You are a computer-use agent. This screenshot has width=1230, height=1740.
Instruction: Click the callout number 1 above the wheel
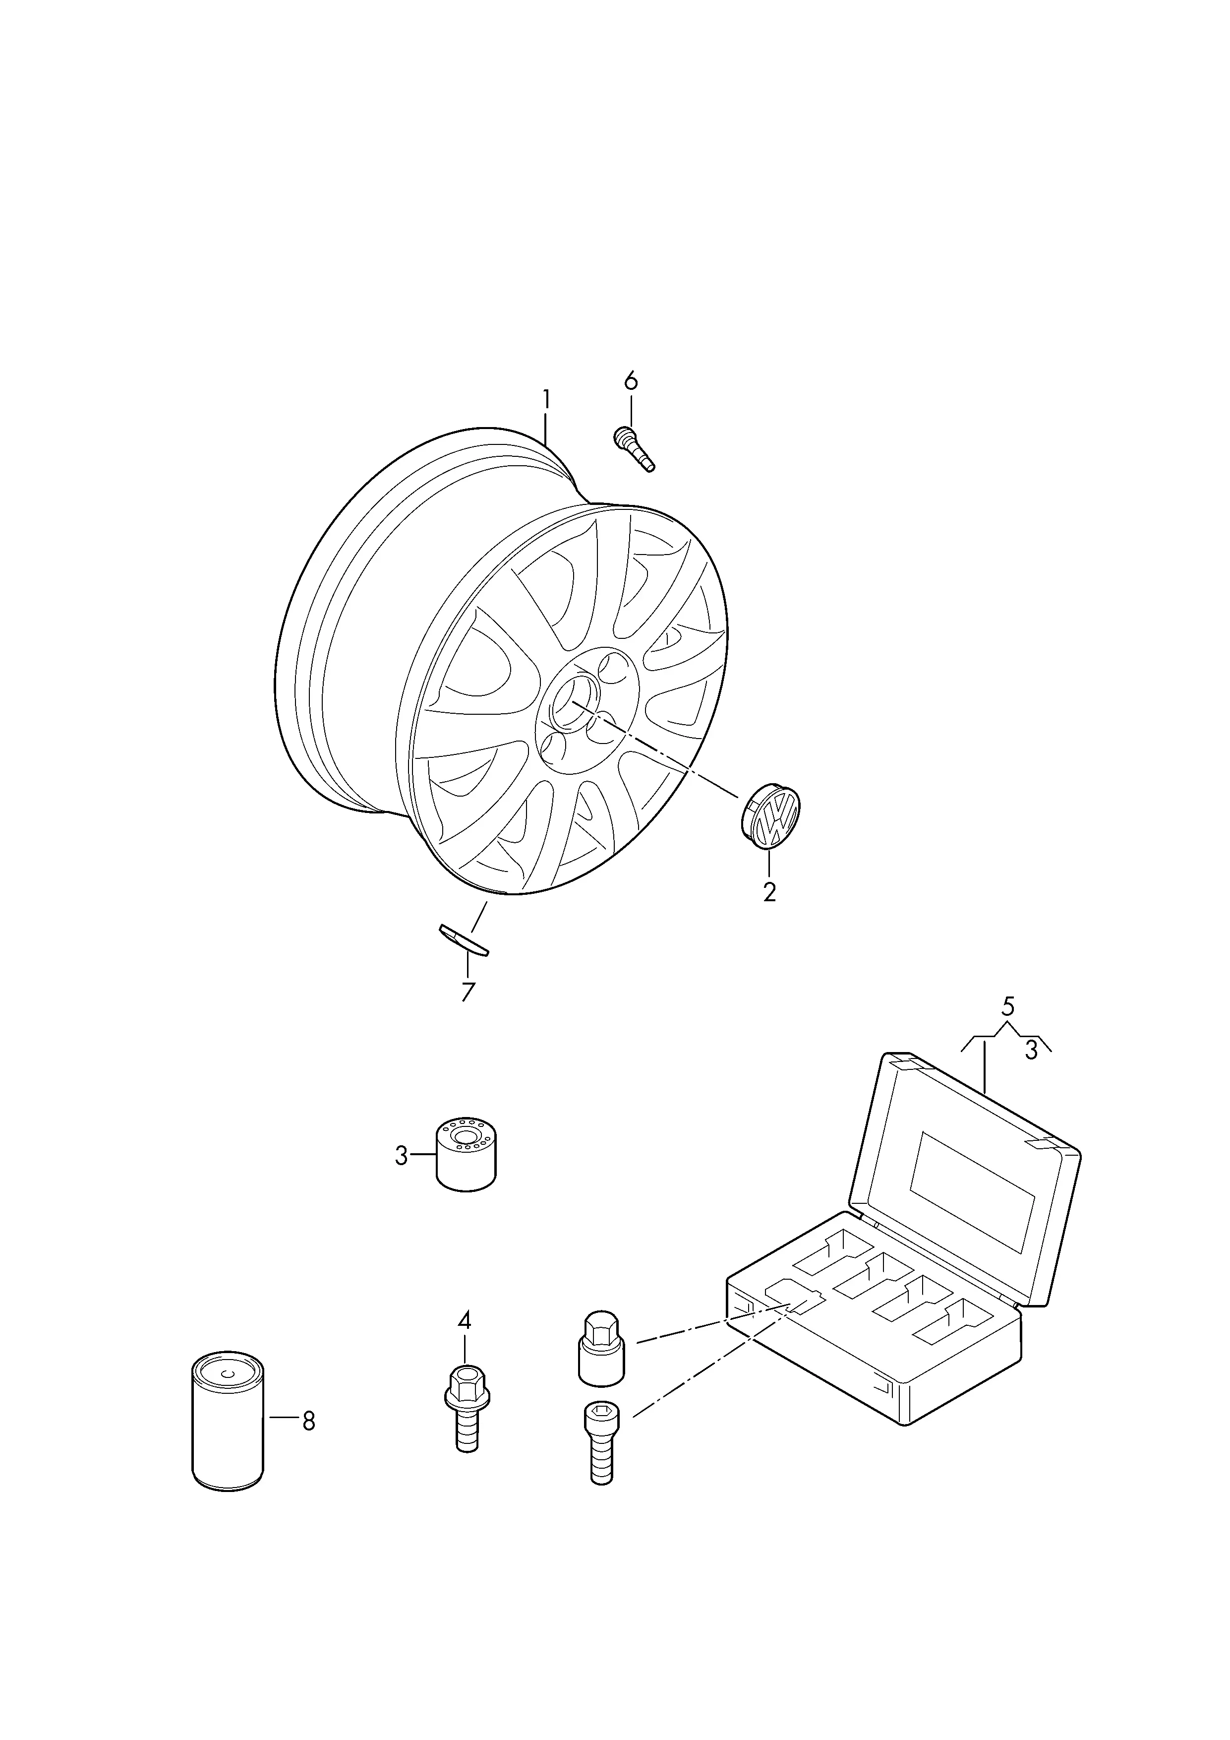pos(545,399)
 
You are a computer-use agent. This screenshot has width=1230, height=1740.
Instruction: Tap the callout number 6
pos(631,380)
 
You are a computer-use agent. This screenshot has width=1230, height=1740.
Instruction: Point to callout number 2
pos(769,892)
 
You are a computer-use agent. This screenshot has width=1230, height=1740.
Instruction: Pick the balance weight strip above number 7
pos(464,940)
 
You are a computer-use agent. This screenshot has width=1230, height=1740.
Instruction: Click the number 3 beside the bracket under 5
pos(1030,1051)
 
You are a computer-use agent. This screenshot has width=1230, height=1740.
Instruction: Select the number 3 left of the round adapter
pos(402,1178)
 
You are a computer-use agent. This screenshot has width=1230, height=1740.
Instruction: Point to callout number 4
pos(464,1321)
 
